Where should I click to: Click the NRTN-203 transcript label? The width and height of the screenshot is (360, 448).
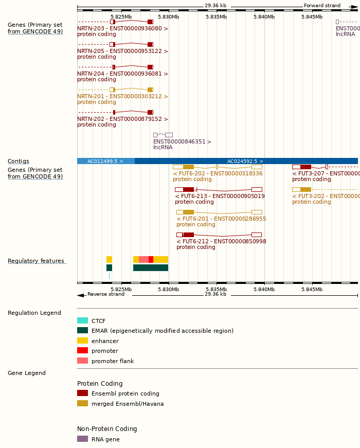coord(122,28)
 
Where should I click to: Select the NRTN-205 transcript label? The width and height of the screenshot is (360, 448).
coord(122,51)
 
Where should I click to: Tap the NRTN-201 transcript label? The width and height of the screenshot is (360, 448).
coord(122,96)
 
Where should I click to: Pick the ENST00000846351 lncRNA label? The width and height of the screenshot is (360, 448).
coord(182,141)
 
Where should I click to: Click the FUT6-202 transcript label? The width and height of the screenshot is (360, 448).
coord(218,173)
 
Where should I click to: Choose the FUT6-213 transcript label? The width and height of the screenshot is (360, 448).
coord(220,196)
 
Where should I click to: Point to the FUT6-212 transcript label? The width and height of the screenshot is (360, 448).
coord(221,241)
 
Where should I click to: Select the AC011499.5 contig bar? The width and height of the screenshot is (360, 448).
coord(105,161)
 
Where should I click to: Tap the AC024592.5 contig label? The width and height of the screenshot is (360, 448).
coord(245,161)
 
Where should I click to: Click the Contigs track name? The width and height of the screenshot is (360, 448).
coord(19,161)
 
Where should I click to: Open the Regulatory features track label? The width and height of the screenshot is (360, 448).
coord(36,261)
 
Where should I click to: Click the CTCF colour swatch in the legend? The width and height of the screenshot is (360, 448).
coord(82,320)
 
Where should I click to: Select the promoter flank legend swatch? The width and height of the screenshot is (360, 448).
coord(82,361)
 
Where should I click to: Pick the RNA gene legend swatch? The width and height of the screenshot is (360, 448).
coord(82,439)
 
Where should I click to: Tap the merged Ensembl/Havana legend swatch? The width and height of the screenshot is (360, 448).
coord(82,403)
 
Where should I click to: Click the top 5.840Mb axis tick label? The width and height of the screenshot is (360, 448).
coord(264,16)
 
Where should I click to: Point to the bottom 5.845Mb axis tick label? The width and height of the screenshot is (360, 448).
coord(312,289)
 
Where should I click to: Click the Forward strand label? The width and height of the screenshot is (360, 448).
coord(322,6)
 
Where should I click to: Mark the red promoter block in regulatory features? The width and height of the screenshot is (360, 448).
coord(151,259)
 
